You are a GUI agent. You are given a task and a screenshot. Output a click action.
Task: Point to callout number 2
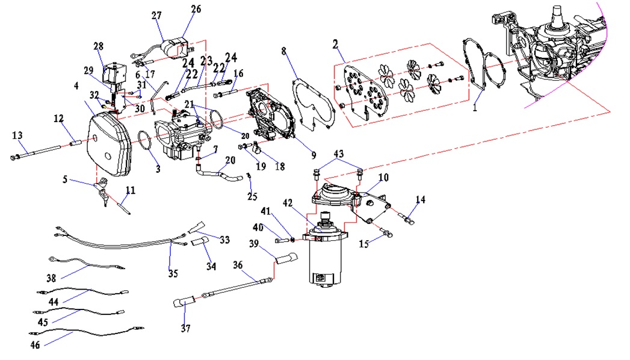(336, 44)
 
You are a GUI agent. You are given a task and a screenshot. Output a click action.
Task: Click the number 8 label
(284, 51)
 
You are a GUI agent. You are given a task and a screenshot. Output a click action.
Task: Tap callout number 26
(196, 9)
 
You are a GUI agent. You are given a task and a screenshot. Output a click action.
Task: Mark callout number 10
(383, 178)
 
